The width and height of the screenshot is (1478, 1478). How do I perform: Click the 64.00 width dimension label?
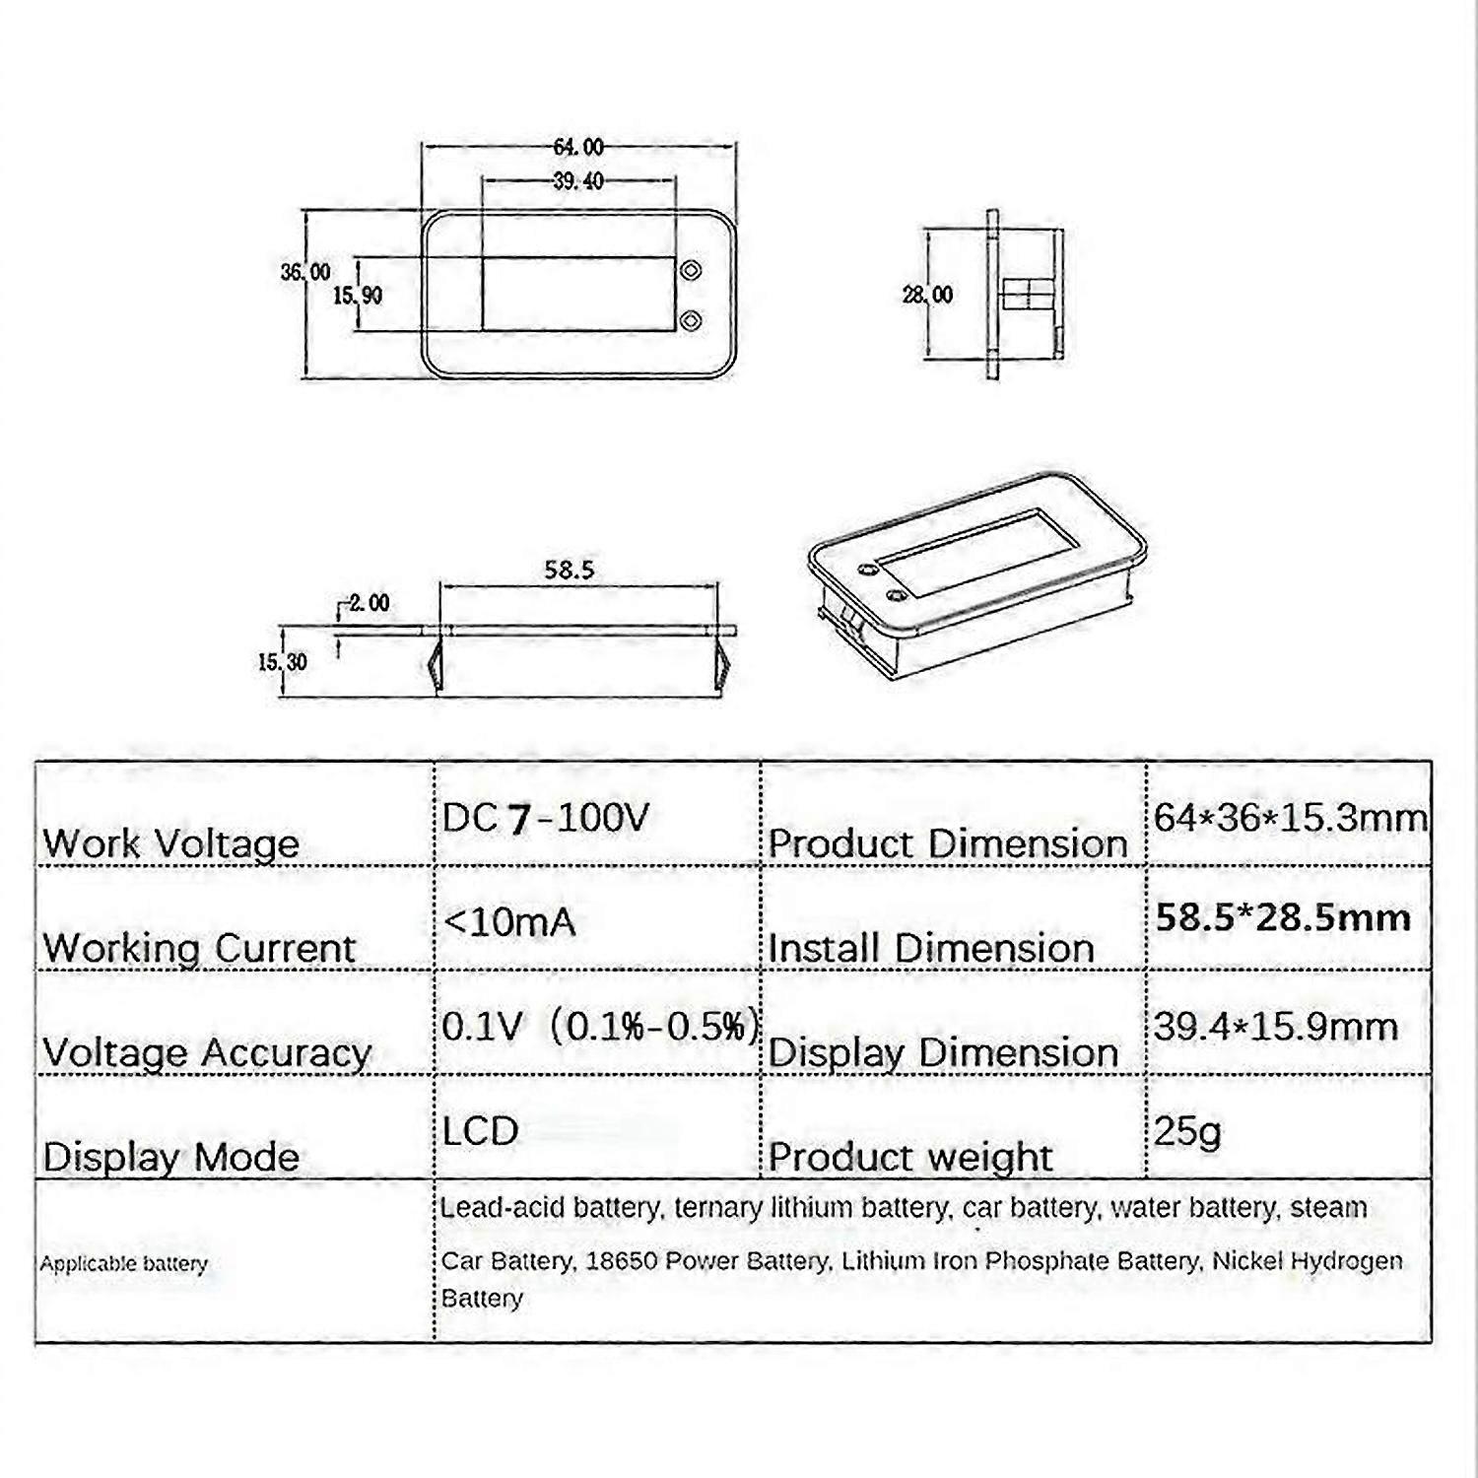[x=578, y=147]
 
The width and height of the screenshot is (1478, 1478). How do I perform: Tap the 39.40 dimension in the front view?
[x=578, y=181]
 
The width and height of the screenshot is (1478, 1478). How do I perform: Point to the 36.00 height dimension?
[x=305, y=272]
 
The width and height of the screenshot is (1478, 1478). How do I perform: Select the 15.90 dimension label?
[x=357, y=295]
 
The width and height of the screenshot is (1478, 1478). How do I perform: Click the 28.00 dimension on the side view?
[x=928, y=295]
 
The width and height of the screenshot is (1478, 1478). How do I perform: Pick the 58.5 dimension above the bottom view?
[x=570, y=570]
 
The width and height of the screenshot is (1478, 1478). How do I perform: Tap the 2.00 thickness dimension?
[x=369, y=602]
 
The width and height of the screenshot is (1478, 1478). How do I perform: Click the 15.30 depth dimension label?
[x=283, y=662]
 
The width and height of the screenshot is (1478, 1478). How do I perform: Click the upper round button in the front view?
[x=692, y=269]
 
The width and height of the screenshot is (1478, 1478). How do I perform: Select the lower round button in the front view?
[x=692, y=320]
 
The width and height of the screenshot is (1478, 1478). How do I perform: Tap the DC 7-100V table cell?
[x=545, y=818]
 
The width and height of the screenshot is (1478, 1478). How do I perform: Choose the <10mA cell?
[x=509, y=922]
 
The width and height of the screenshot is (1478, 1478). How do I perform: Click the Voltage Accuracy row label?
[x=207, y=1053]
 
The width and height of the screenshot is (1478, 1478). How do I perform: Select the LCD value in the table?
[x=480, y=1131]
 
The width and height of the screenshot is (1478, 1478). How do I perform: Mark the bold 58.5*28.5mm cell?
[x=1283, y=918]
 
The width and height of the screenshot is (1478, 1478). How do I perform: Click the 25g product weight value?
[x=1187, y=1132]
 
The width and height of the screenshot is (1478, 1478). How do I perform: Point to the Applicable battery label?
[x=124, y=1264]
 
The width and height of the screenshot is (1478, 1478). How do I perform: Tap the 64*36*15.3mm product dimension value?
[x=1291, y=818]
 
